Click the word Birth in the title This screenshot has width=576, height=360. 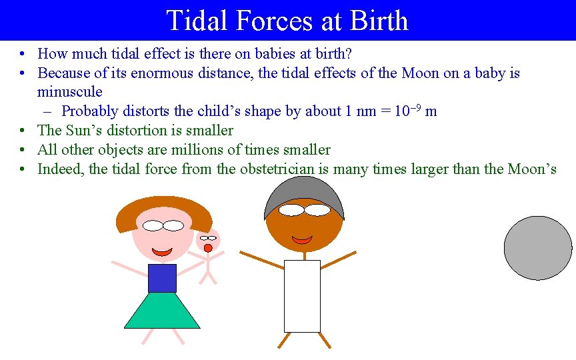pos(375,21)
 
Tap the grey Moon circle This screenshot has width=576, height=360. pos(537,248)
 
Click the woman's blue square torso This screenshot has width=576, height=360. pos(162,278)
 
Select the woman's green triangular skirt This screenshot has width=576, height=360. pos(162,312)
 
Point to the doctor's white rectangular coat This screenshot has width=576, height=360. pos(302,296)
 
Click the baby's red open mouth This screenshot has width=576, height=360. pos(208,248)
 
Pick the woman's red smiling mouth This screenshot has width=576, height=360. pos(163,252)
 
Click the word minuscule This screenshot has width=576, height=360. pos(70,92)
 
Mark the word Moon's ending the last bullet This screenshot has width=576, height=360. pos(531,169)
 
